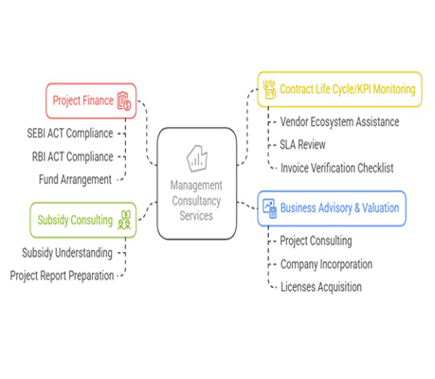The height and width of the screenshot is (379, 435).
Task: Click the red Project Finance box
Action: pos(91,100)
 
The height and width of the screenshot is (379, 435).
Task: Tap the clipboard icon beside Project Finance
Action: pos(124,100)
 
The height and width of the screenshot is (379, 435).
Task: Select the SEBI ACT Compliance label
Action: pos(70,134)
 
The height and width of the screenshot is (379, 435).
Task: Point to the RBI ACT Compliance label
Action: pos(72,156)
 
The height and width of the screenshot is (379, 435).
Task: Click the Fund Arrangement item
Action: pos(75,180)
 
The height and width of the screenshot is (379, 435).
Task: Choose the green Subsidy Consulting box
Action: pos(83,220)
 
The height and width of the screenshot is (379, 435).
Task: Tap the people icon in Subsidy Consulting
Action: pos(124,220)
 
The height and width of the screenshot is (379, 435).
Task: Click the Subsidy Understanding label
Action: pos(67,253)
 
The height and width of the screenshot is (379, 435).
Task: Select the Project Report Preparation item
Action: pos(62,276)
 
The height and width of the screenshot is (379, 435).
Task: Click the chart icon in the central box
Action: pos(197,158)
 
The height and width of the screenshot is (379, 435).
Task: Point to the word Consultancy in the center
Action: pos(196,201)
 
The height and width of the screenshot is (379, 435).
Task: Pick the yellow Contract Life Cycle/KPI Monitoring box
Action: pos(339,89)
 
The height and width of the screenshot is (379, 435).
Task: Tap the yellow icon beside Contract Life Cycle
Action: pos(269,89)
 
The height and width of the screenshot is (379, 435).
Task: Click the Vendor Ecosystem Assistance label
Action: pos(339,122)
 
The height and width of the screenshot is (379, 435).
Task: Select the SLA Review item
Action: pos(302,145)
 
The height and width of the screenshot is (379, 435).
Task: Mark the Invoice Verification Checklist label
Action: pos(337,168)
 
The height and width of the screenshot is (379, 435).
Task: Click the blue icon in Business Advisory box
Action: pos(270,208)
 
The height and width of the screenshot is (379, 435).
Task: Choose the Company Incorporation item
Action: pos(326,264)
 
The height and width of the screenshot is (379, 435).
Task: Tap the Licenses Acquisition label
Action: pos(321,287)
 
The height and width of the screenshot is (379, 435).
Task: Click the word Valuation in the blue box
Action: pos(381,208)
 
